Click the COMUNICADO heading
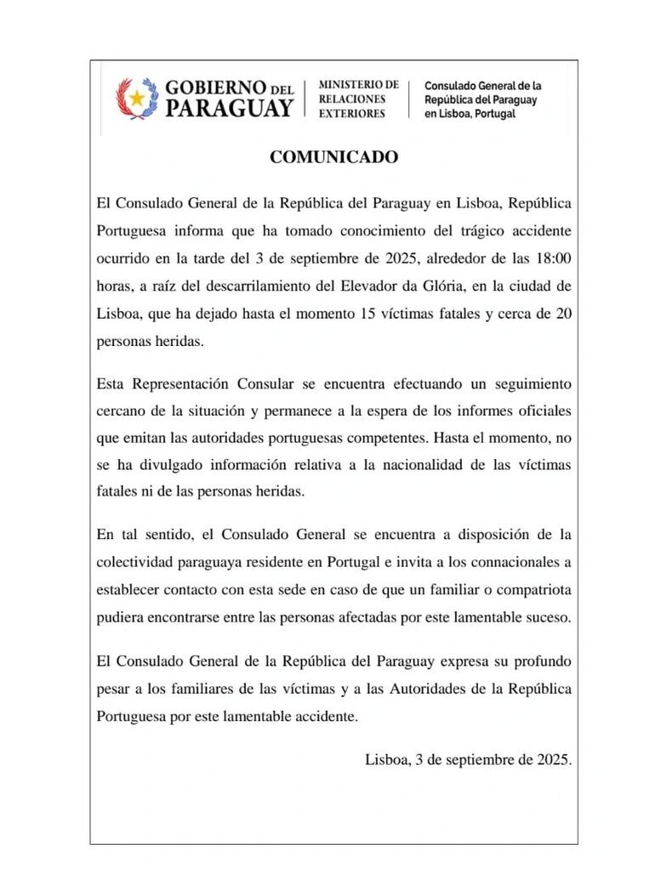click(x=333, y=157)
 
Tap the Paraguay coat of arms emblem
click(x=136, y=99)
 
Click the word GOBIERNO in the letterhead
click(x=216, y=88)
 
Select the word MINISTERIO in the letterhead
click(x=358, y=85)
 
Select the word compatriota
click(x=531, y=590)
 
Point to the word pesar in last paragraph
click(x=114, y=687)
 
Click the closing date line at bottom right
click(x=468, y=760)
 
